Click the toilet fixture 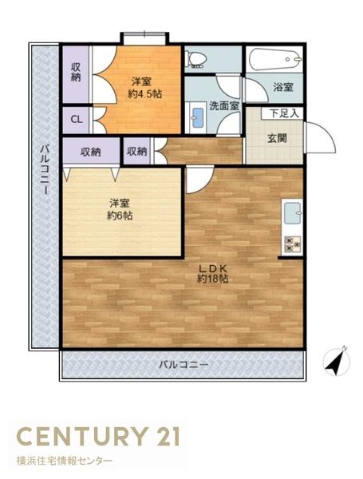coord(195,59)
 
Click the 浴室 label coord(282,86)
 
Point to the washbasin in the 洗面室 coord(198,120)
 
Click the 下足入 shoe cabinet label coord(285,113)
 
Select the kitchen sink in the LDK coord(291,214)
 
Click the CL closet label coord(77,120)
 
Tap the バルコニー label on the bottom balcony coord(183,365)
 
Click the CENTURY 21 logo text coord(98,436)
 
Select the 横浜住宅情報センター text coord(65,461)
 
